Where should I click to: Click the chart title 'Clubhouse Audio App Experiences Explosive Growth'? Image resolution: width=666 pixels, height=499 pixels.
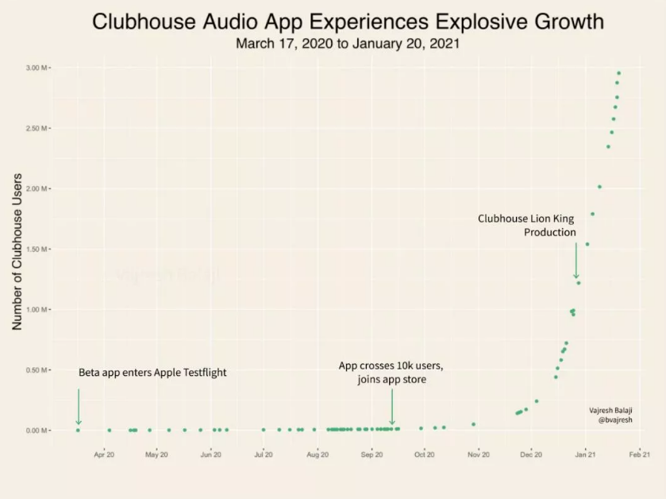(x=348, y=21)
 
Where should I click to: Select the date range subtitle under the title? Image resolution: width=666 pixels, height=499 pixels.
(x=348, y=44)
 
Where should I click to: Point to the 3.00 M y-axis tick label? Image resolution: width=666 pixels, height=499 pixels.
(x=37, y=68)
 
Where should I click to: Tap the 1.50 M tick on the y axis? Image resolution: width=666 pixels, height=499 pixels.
(x=37, y=249)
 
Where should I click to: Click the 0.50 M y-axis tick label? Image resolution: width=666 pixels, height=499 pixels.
(x=37, y=370)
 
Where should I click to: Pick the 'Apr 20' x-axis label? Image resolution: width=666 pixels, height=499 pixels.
(x=104, y=455)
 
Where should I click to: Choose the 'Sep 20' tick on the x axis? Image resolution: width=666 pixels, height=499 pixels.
(x=371, y=455)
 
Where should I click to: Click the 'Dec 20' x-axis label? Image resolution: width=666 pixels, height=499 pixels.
(x=531, y=455)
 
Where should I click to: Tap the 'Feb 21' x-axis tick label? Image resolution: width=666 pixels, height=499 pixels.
(x=640, y=455)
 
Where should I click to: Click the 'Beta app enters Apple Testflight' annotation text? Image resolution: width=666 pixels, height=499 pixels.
(x=152, y=372)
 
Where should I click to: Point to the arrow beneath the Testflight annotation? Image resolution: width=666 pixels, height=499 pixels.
(x=78, y=406)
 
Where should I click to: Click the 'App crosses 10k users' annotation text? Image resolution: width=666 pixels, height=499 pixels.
(x=391, y=366)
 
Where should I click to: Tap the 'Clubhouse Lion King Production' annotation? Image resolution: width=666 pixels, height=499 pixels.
(x=527, y=225)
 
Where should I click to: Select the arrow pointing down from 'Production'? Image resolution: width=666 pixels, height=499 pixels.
(x=576, y=261)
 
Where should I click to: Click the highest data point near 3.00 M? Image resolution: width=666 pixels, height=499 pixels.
(x=618, y=73)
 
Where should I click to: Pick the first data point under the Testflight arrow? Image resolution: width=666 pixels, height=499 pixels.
(x=78, y=430)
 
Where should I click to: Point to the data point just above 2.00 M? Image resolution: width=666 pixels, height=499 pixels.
(x=599, y=187)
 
